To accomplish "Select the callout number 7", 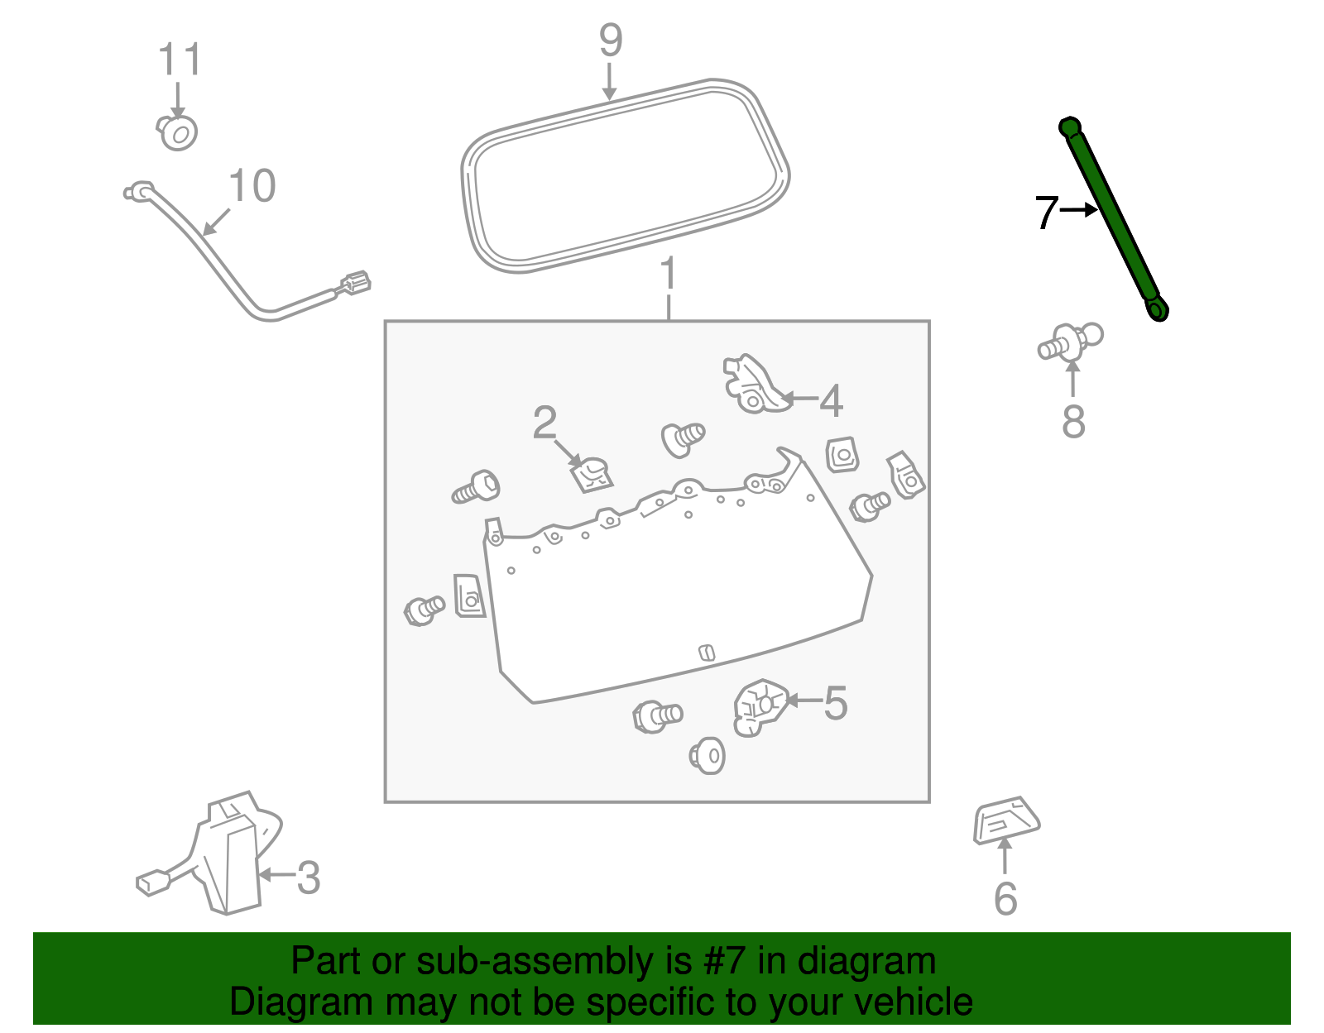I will click(1046, 213).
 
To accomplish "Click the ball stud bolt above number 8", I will click(1071, 342).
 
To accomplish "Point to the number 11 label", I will click(180, 60).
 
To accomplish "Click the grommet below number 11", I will click(178, 132).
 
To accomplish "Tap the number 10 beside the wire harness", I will click(252, 186).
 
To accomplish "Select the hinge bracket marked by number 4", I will click(751, 384).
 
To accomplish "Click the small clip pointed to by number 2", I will click(593, 474).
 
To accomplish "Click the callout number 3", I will click(308, 878).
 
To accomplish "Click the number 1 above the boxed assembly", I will click(669, 274).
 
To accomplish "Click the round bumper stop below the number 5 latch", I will click(708, 754).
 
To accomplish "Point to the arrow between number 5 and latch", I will click(803, 701).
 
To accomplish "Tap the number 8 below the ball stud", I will click(1073, 422).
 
